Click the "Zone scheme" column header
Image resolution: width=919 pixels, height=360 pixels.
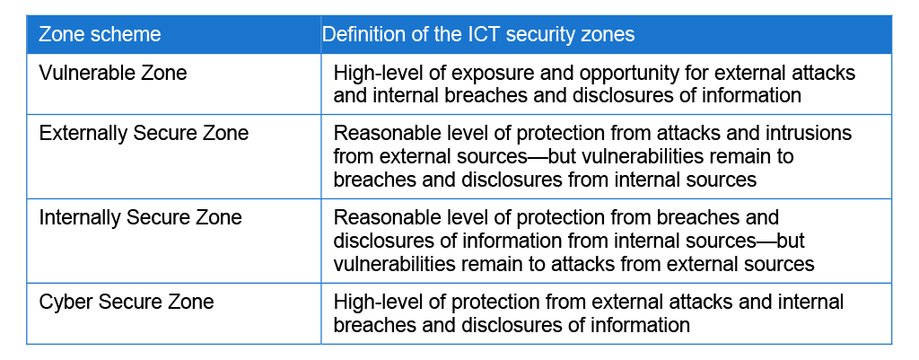pos(100,34)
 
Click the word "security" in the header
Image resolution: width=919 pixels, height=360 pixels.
pos(542,34)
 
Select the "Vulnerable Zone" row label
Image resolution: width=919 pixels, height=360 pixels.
pos(112,73)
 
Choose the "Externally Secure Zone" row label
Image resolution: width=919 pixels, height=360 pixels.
pos(144,133)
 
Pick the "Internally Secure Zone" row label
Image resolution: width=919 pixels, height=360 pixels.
pos(140,217)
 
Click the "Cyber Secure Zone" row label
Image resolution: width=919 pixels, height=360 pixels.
pos(126,302)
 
